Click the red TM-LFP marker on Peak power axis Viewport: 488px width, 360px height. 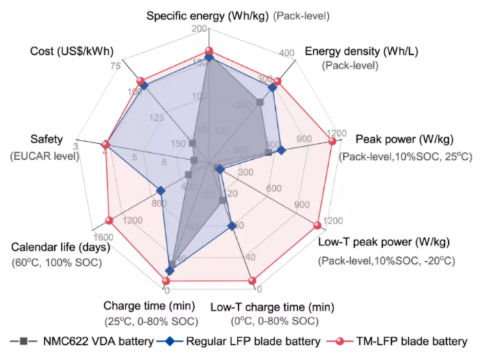333,141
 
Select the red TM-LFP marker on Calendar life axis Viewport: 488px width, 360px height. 108,220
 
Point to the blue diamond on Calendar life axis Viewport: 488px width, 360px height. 161,191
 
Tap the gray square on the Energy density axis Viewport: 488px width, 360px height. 259,102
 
